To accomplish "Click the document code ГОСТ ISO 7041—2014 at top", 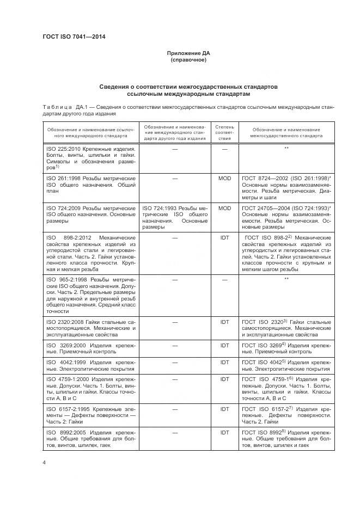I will click(74, 37).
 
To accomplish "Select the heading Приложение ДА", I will click(188, 53).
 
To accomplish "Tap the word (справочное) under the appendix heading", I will click(188, 60).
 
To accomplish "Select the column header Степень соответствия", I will click(224, 132).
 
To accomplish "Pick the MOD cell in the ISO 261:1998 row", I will click(224, 177).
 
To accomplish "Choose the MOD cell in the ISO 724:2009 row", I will click(224, 208).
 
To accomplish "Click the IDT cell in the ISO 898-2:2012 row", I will click(224, 238).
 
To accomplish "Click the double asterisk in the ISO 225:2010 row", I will click(286, 148).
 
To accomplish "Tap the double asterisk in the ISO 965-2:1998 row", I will click(286, 279).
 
